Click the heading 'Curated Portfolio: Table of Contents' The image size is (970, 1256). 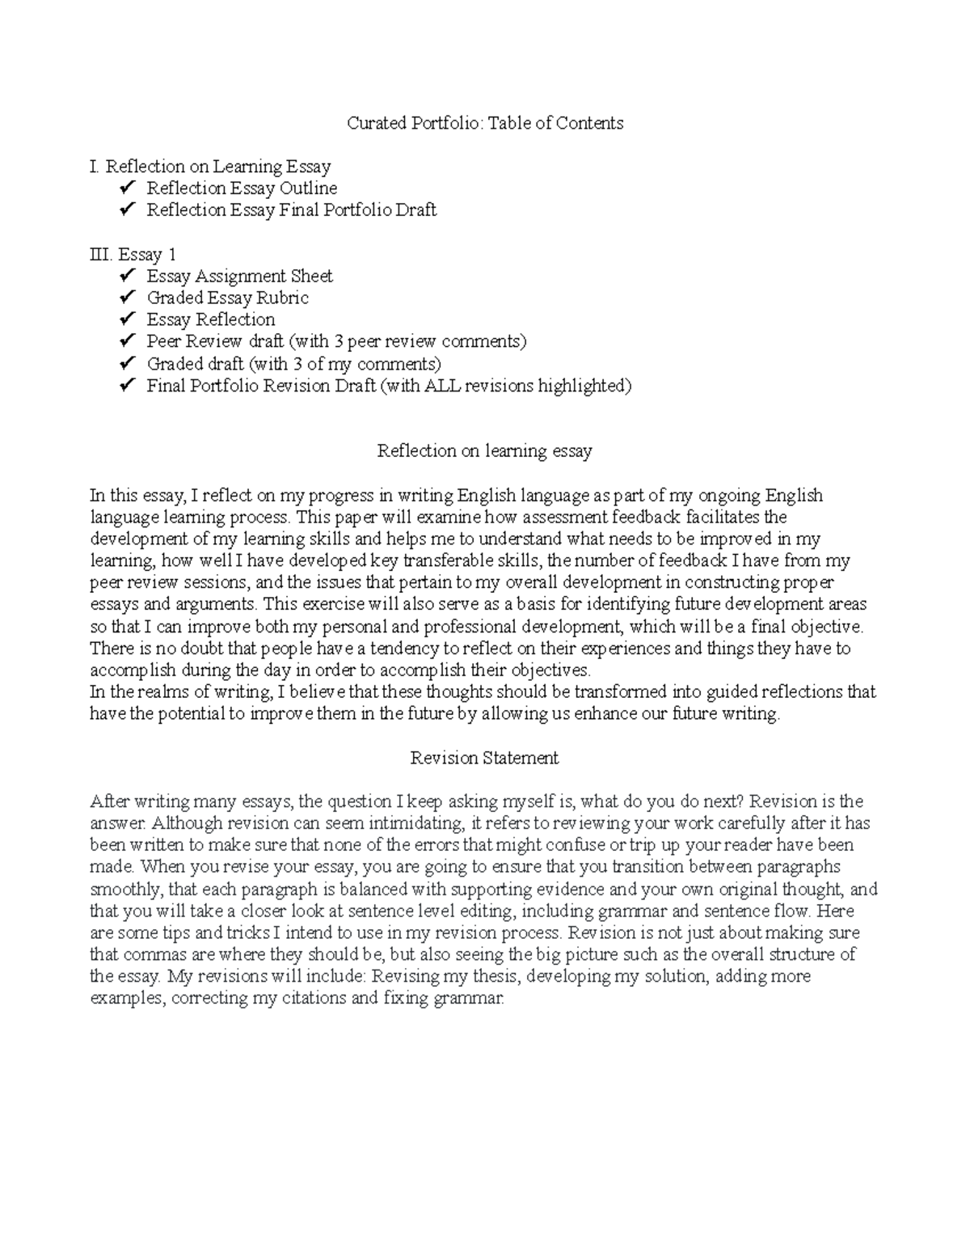(485, 123)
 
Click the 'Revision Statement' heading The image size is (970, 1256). (484, 758)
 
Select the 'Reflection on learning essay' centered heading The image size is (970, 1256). (484, 451)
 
